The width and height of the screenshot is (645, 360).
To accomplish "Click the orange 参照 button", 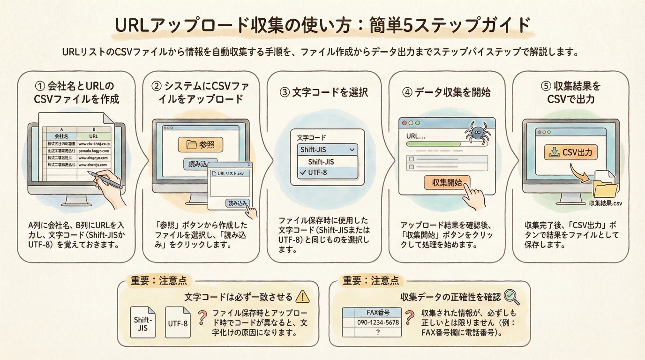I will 200,145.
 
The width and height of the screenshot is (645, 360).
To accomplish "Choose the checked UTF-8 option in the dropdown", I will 324,172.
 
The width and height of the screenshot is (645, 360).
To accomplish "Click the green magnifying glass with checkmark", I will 511,296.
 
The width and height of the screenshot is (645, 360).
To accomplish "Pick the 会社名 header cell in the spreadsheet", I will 62,135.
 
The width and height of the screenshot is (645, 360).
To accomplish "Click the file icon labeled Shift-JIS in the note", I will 142,323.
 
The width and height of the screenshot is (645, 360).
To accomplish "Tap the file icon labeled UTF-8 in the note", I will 178,323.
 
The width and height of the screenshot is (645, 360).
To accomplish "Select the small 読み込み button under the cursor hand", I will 238,202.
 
